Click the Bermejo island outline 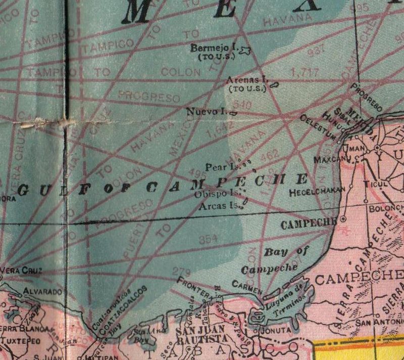coord(245,50)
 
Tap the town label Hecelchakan coord(317,192)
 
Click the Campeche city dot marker coord(342,219)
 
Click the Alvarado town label coord(42,292)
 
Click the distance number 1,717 coord(305,72)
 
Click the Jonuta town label coord(275,330)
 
